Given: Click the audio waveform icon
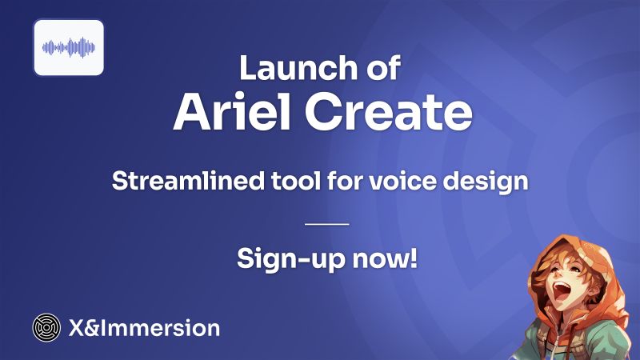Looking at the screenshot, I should (69, 47).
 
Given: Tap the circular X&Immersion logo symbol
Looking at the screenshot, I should (46, 327).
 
